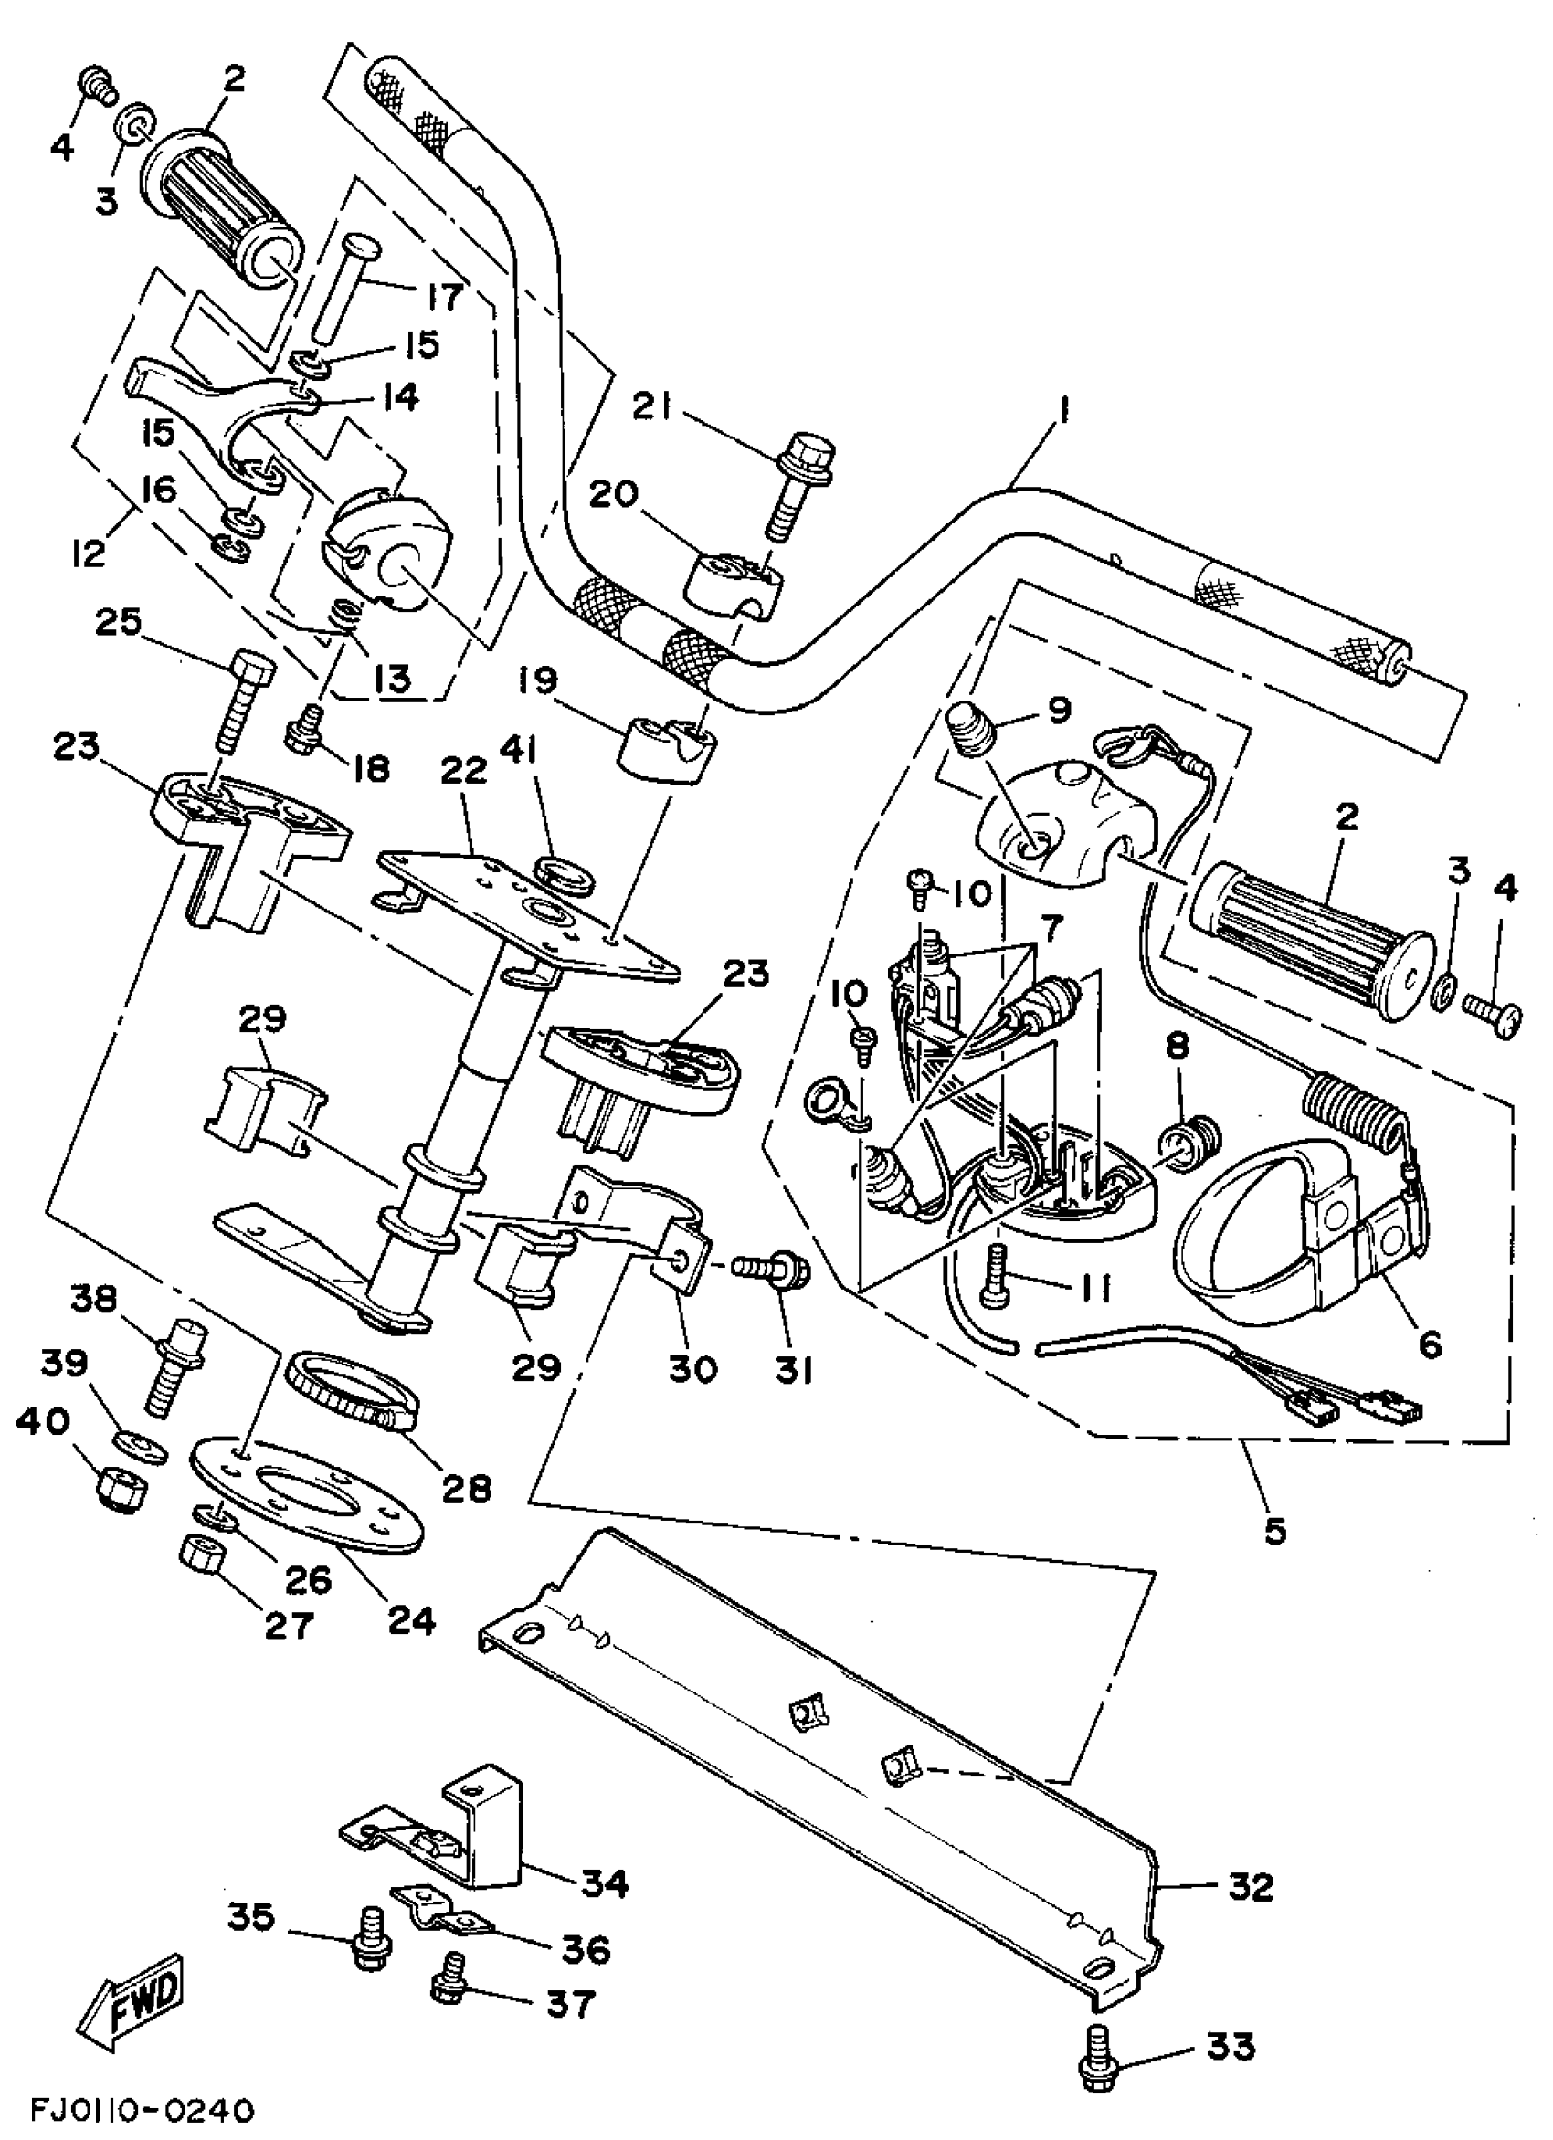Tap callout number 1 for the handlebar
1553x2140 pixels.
(x=1063, y=416)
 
